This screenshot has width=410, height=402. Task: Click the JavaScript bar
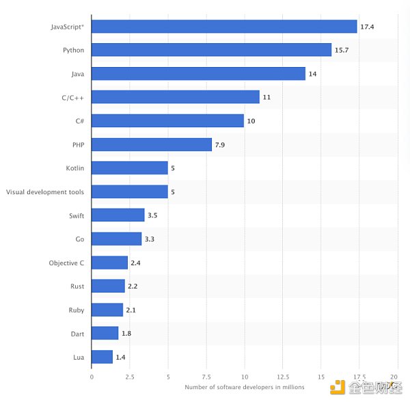tap(224, 27)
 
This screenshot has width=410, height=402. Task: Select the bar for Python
tap(211, 50)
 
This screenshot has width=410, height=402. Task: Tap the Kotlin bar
tap(129, 168)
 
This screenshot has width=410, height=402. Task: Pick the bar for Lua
tap(102, 357)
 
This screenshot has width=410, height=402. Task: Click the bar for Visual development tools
tap(129, 192)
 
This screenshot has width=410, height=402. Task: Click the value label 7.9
tap(222, 145)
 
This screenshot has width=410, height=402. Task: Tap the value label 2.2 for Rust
tap(133, 286)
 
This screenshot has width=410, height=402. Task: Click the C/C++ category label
tap(72, 98)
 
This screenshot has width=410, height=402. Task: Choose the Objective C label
tap(67, 263)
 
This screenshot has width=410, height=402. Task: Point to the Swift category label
tap(76, 215)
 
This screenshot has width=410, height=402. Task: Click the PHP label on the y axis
tap(78, 145)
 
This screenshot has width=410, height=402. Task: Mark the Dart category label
tap(77, 334)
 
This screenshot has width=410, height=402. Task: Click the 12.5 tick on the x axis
tap(282, 377)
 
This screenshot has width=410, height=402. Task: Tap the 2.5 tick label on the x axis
tap(129, 377)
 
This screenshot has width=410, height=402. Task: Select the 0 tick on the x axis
tap(92, 377)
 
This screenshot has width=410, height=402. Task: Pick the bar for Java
tap(198, 74)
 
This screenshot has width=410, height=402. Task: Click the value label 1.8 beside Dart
tap(127, 334)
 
